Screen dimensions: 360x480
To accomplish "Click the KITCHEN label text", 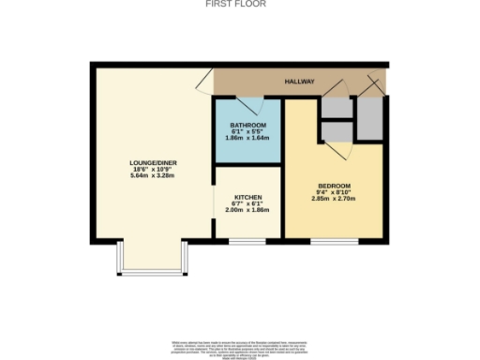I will pyautogui.click(x=247, y=198).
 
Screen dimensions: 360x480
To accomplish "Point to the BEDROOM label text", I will pyautogui.click(x=333, y=186).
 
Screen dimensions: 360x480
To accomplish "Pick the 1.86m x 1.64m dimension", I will pyautogui.click(x=248, y=139).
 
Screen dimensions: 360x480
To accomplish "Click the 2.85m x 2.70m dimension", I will pyautogui.click(x=333, y=199).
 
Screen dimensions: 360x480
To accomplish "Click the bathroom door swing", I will pyautogui.click(x=246, y=105).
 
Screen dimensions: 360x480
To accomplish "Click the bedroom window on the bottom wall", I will pyautogui.click(x=335, y=241).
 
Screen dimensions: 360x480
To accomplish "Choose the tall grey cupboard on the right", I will pyautogui.click(x=369, y=117).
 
